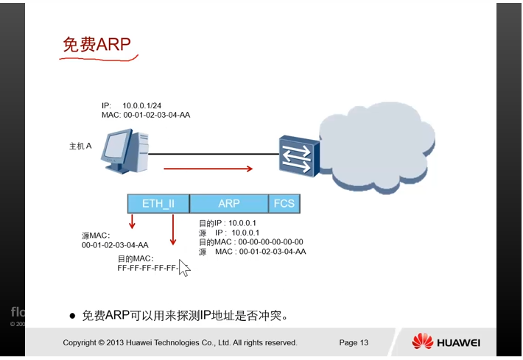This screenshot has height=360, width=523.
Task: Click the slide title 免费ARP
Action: tap(96, 46)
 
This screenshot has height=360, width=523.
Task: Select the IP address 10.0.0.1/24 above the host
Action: tap(141, 106)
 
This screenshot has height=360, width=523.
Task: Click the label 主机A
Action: tap(80, 147)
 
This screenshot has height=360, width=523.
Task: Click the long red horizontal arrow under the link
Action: tap(208, 169)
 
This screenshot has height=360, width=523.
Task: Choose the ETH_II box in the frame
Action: tap(157, 203)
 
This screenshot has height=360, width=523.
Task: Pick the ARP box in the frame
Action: tap(229, 203)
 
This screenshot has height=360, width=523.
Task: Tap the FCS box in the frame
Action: tap(284, 203)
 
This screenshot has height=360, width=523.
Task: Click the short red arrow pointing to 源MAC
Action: tap(133, 221)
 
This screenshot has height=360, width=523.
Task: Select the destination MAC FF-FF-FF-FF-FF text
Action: tap(147, 268)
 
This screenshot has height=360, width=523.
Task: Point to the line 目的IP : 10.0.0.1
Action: tap(228, 223)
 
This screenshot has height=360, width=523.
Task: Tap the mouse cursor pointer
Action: tap(183, 267)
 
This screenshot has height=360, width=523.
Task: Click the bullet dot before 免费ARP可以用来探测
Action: tap(72, 316)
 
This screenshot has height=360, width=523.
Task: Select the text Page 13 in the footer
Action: tap(354, 342)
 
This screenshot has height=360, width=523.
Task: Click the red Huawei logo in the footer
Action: tap(422, 342)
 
